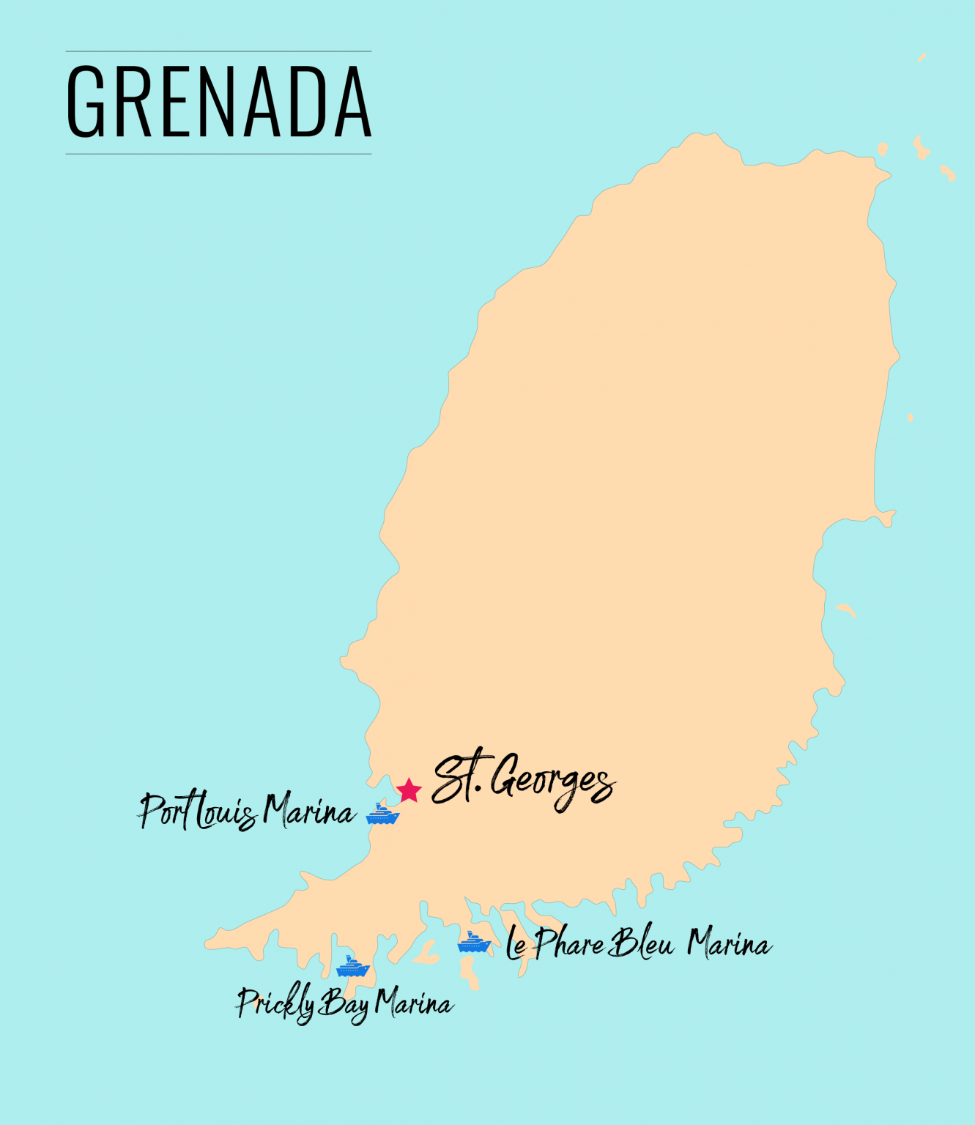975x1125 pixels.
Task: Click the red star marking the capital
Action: point(409,790)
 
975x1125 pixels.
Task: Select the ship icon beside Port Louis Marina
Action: point(382,814)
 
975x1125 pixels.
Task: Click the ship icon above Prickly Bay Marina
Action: point(352,966)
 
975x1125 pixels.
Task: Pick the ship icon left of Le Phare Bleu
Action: point(474,942)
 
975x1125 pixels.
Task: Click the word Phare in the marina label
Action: point(568,943)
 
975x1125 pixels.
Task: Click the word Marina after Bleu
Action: point(729,944)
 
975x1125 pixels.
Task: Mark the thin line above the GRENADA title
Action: point(218,51)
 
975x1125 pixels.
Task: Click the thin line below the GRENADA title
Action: point(218,154)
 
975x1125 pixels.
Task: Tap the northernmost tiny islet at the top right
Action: point(922,57)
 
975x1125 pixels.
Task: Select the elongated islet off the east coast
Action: point(846,609)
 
